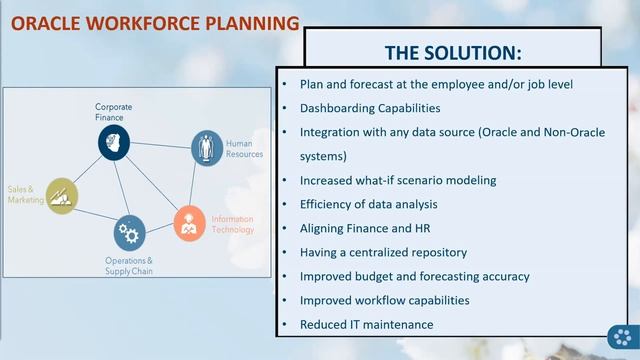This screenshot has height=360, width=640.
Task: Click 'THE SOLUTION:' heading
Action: point(452,52)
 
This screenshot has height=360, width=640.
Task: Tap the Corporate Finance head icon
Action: point(114,142)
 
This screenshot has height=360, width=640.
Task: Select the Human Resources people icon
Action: point(207,147)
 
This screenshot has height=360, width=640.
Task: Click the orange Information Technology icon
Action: point(189,223)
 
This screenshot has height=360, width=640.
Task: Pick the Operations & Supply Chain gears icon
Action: point(129,234)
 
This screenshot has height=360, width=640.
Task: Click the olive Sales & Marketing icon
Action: point(61,194)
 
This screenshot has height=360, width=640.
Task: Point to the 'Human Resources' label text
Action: point(244,149)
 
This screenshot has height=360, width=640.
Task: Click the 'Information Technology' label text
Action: point(231,224)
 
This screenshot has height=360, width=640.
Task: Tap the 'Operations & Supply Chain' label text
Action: point(129,267)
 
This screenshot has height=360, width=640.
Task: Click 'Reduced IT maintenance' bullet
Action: point(366,324)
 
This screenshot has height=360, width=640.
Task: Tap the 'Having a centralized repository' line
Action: point(383,252)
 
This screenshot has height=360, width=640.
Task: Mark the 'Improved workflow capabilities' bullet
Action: point(384,300)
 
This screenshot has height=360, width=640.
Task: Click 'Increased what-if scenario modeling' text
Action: point(398,180)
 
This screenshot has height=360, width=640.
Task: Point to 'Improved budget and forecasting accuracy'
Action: point(414,276)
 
